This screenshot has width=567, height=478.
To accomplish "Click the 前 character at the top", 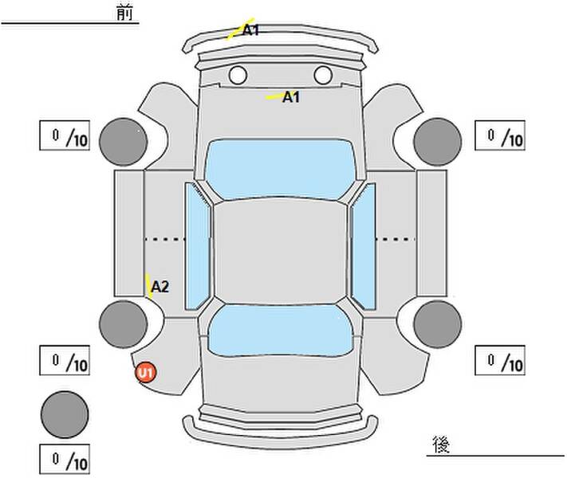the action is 124,13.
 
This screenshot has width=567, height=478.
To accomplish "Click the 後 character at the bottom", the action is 441,445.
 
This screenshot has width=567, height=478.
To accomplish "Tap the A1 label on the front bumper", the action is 250,30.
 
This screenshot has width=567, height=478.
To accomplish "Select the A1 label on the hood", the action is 291,97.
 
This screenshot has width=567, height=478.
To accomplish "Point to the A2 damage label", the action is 159,287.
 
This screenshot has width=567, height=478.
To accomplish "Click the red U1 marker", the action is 146,373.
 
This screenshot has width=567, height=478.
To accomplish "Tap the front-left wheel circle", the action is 124,142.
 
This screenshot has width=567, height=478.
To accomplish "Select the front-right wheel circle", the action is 438,142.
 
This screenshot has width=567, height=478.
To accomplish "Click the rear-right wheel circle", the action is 438,324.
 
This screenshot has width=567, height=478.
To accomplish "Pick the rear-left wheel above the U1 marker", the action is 124,324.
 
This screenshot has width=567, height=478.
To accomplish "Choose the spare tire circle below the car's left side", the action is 65,415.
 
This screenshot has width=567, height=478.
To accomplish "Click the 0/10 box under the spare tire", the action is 65,459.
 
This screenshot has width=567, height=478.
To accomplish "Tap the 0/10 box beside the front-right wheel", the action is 500,135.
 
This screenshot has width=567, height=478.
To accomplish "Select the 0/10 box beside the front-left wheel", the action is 65,135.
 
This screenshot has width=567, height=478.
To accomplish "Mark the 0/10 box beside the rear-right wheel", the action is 500,360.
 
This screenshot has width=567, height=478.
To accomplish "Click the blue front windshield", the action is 280,169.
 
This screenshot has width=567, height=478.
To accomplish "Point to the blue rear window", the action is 280,331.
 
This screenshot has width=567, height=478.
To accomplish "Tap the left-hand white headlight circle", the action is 238,75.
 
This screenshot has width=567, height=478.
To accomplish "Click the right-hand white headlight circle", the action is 323,75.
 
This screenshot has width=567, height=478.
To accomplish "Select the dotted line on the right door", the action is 396,239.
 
